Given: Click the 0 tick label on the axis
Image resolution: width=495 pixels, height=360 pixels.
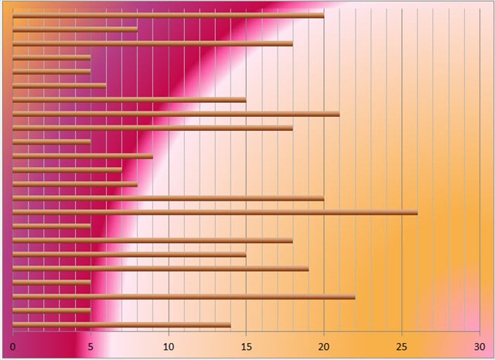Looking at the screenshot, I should (13, 346).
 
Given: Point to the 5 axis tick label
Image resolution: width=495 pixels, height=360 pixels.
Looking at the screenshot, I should (90, 346).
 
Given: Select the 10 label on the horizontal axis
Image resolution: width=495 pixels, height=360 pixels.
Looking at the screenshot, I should (169, 346).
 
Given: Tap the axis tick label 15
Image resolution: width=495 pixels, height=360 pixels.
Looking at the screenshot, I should (246, 346).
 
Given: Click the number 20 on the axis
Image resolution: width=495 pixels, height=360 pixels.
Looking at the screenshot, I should (324, 346).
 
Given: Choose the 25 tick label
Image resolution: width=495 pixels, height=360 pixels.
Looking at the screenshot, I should (401, 346).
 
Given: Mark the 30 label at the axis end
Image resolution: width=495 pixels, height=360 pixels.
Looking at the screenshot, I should (479, 346).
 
